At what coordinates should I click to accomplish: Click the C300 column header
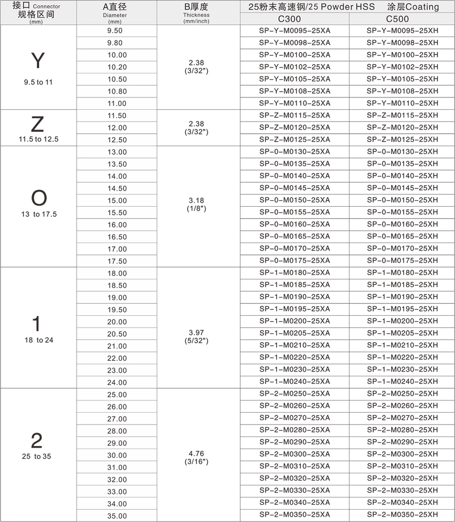point(294,19)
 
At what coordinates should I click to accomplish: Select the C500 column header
point(402,19)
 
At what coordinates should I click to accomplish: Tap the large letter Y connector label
point(37,62)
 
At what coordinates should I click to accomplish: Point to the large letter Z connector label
point(37,124)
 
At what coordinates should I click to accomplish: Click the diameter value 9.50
point(117,31)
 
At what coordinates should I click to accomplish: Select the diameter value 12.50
point(117,140)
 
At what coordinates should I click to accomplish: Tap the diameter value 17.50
point(117,261)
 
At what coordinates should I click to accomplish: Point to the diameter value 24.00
point(117,383)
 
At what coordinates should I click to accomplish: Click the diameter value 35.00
point(117,516)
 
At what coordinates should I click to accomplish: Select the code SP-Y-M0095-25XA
point(294,31)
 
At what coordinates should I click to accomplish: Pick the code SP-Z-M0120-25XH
point(402,127)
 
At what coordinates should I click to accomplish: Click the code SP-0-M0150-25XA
point(294,200)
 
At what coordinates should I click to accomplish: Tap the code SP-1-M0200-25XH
point(402,321)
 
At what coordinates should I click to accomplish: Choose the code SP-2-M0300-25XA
point(294,454)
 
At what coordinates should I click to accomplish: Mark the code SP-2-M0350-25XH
point(402,515)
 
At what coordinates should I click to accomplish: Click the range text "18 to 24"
point(37,340)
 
